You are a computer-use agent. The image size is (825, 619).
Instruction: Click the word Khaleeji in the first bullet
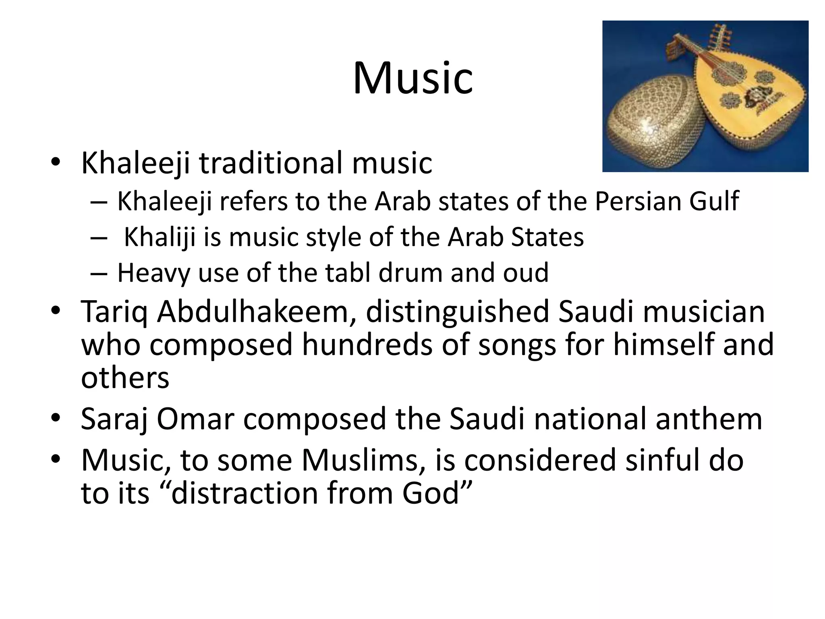click(x=135, y=163)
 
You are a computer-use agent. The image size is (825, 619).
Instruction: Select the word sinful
click(x=661, y=460)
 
